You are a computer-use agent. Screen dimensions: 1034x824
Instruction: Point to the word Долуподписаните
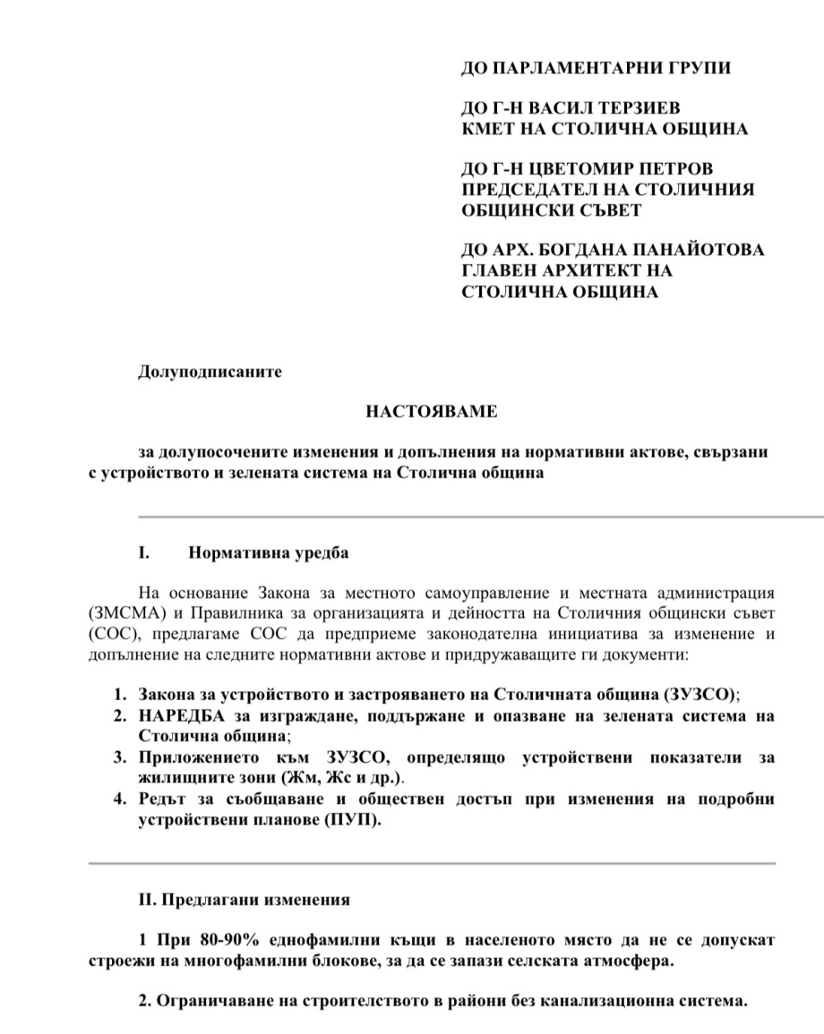(x=210, y=372)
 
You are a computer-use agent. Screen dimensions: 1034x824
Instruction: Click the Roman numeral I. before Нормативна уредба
(x=143, y=552)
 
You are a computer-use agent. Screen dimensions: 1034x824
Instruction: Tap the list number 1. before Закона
(x=119, y=695)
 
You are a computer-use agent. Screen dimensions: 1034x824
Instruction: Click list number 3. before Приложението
(x=119, y=757)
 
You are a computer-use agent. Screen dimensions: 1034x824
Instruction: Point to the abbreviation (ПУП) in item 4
(x=356, y=819)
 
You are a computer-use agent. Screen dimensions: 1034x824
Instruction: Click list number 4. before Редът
(x=119, y=799)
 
